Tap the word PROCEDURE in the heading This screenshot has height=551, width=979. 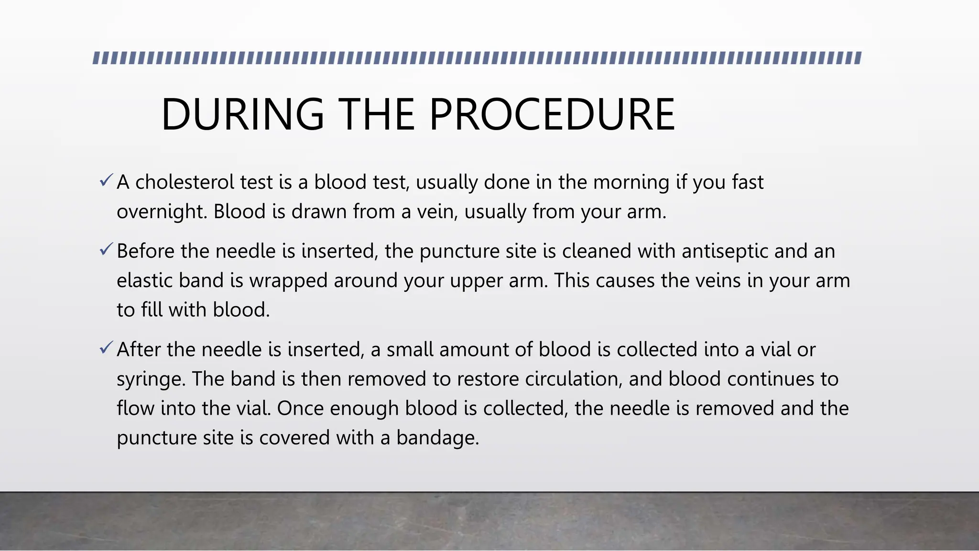[x=552, y=115]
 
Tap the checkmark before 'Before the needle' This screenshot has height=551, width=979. [x=106, y=249]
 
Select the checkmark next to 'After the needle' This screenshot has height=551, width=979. [x=106, y=348]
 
